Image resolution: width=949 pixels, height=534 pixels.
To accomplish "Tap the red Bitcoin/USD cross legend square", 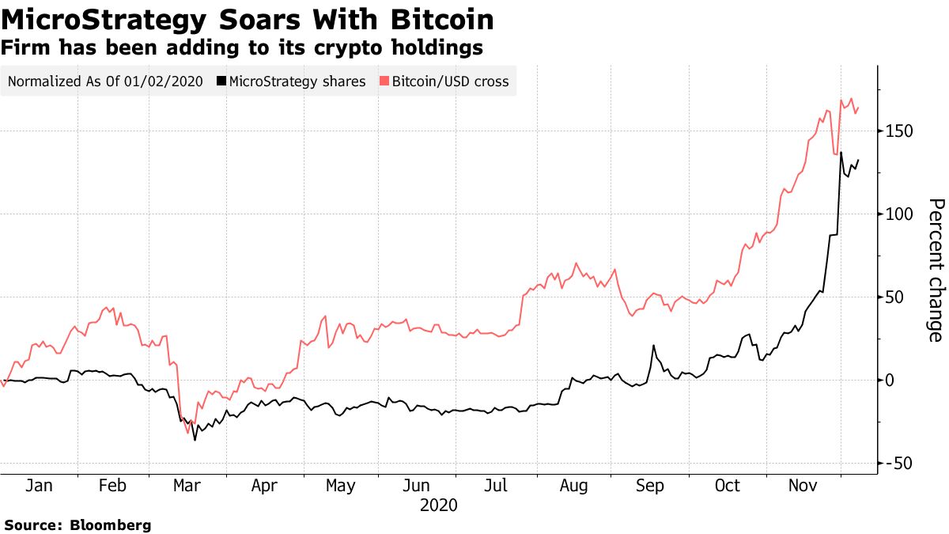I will tap(384, 81).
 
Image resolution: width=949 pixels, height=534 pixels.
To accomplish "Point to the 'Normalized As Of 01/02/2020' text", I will tap(104, 81).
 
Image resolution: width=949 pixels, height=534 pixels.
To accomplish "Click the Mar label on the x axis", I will tap(187, 485).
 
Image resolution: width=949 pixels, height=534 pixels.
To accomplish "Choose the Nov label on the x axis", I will tap(803, 485).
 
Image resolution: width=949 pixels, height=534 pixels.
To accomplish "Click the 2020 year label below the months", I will tap(439, 504).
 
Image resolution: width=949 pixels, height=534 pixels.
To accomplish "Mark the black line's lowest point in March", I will tap(195, 440).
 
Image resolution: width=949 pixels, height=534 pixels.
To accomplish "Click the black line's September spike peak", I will tap(653, 346).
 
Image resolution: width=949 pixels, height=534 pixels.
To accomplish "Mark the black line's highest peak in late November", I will tap(841, 153).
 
